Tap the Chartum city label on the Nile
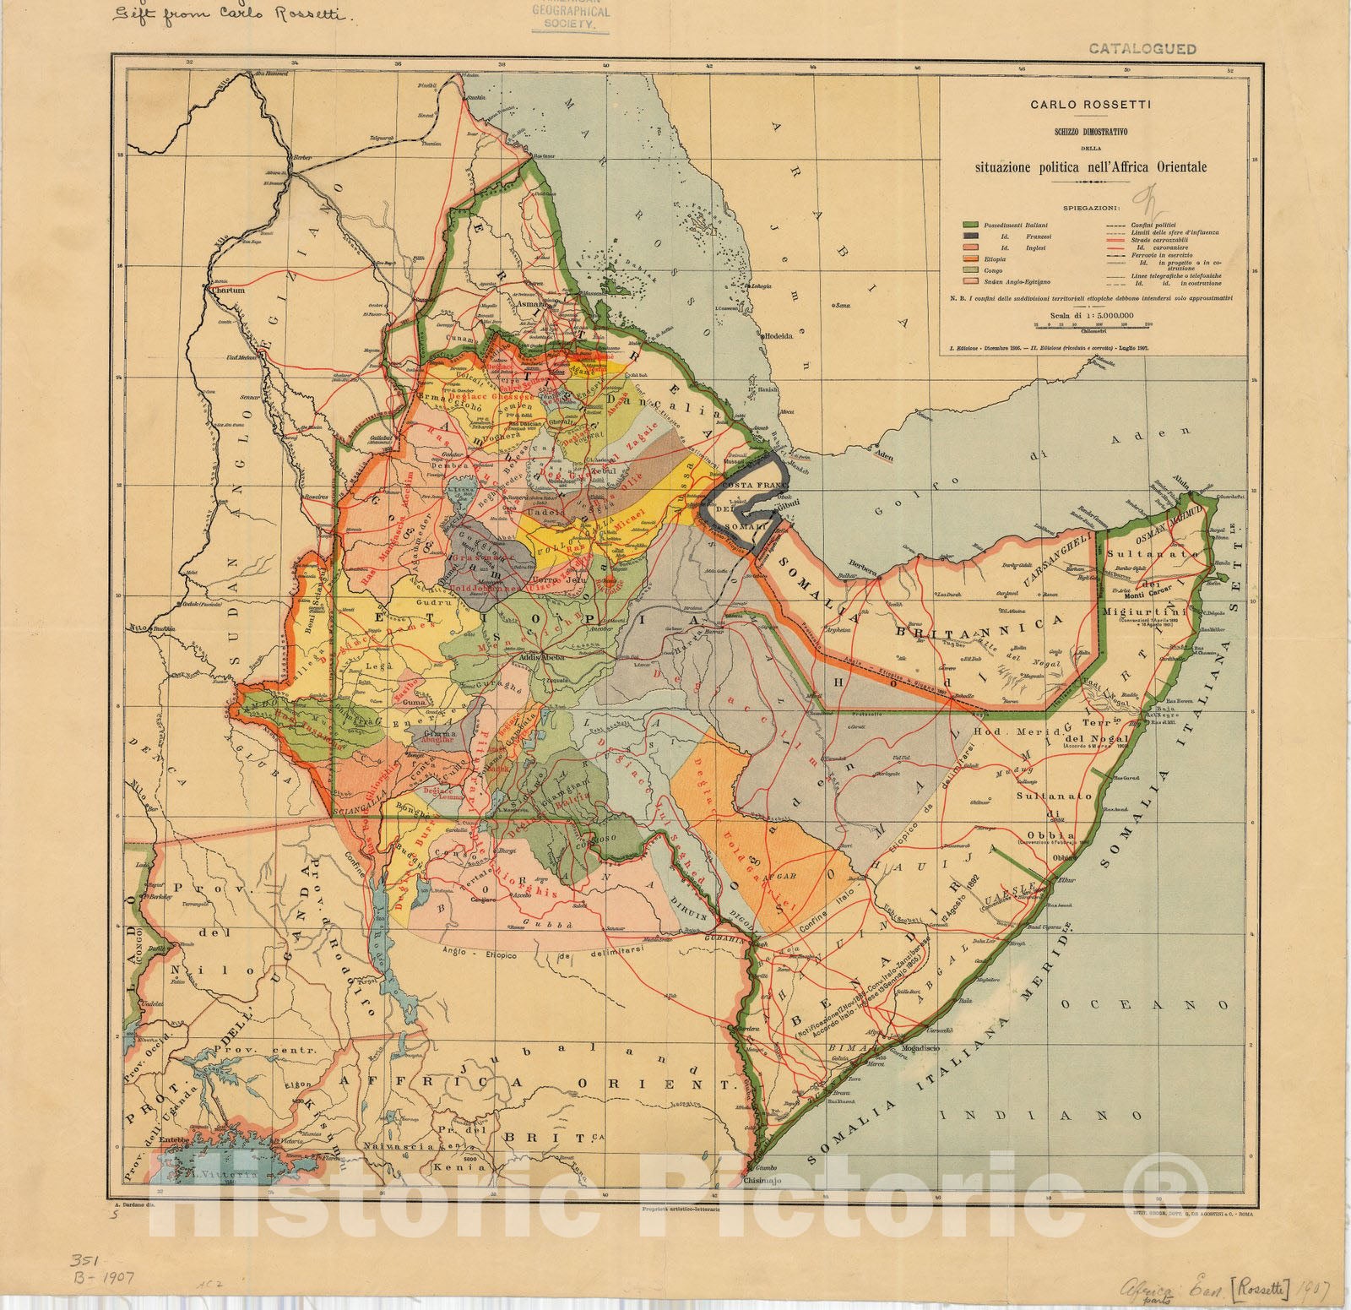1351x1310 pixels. (229, 291)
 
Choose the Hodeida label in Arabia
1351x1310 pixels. (784, 335)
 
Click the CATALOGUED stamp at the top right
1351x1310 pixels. (1142, 48)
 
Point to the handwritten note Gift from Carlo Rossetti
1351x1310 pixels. (222, 18)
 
